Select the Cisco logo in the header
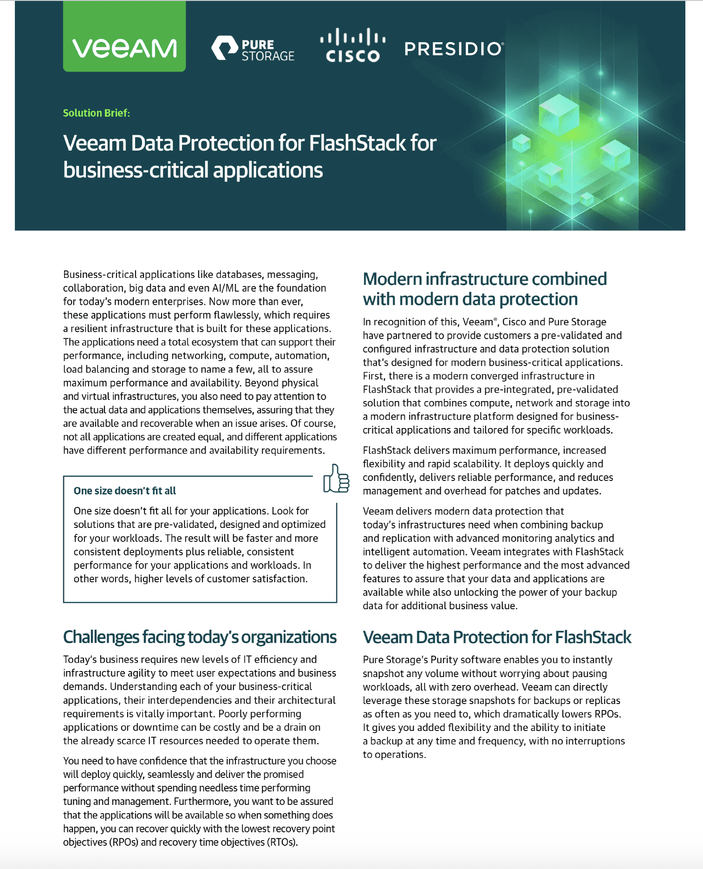click(353, 46)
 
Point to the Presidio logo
click(454, 49)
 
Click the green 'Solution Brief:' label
click(97, 113)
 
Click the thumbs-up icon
click(336, 479)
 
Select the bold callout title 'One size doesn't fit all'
click(125, 491)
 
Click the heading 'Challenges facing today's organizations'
click(200, 637)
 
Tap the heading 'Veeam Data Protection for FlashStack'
click(497, 637)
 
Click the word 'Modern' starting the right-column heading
click(392, 279)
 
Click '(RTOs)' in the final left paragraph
click(282, 842)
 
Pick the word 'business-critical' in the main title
click(136, 170)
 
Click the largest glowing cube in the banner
click(559, 114)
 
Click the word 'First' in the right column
click(373, 376)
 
